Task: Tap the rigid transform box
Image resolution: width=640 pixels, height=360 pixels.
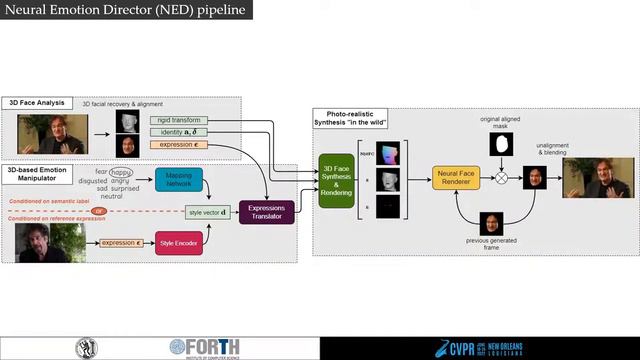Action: point(180,120)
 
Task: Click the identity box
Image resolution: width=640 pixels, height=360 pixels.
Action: point(180,132)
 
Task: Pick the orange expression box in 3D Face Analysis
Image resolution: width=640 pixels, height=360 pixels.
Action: point(180,145)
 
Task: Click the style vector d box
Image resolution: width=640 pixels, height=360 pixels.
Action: point(208,212)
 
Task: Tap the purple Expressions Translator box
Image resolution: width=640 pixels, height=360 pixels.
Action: point(267,212)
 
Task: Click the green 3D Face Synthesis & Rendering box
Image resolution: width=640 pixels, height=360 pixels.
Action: point(336,179)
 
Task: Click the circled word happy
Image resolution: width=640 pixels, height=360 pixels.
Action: point(122,171)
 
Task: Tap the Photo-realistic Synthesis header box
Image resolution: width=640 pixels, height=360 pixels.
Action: point(351,118)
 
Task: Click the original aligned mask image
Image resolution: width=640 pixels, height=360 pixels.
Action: point(501,145)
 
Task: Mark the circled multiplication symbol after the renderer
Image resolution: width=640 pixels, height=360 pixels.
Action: point(502,179)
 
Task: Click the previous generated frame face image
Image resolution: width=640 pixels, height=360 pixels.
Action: point(491,223)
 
